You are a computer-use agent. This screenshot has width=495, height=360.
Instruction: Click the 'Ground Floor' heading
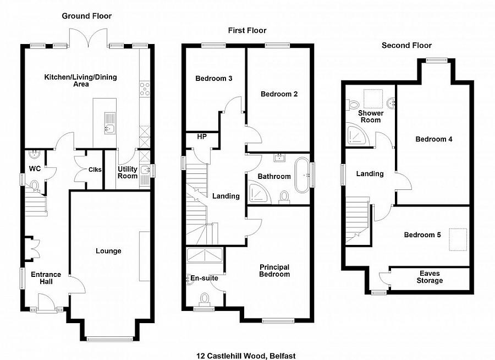[86, 16]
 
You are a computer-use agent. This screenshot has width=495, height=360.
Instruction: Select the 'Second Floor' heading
[406, 45]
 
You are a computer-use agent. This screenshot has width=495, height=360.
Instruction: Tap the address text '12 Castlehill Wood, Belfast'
[249, 356]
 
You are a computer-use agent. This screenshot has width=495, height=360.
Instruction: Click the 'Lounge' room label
[108, 251]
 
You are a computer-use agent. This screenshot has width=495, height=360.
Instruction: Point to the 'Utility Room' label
[128, 172]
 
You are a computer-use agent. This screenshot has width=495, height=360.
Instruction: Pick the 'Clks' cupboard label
[95, 170]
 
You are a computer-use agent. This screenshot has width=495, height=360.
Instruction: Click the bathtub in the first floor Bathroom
[302, 175]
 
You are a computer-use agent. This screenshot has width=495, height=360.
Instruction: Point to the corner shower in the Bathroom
[256, 192]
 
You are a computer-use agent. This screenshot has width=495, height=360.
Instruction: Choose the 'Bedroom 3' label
[213, 79]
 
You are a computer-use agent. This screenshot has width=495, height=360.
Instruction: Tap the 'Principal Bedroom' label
[274, 270]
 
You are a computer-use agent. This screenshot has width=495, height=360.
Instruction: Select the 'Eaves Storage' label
[430, 277]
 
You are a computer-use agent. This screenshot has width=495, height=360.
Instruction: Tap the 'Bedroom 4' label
[433, 139]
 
